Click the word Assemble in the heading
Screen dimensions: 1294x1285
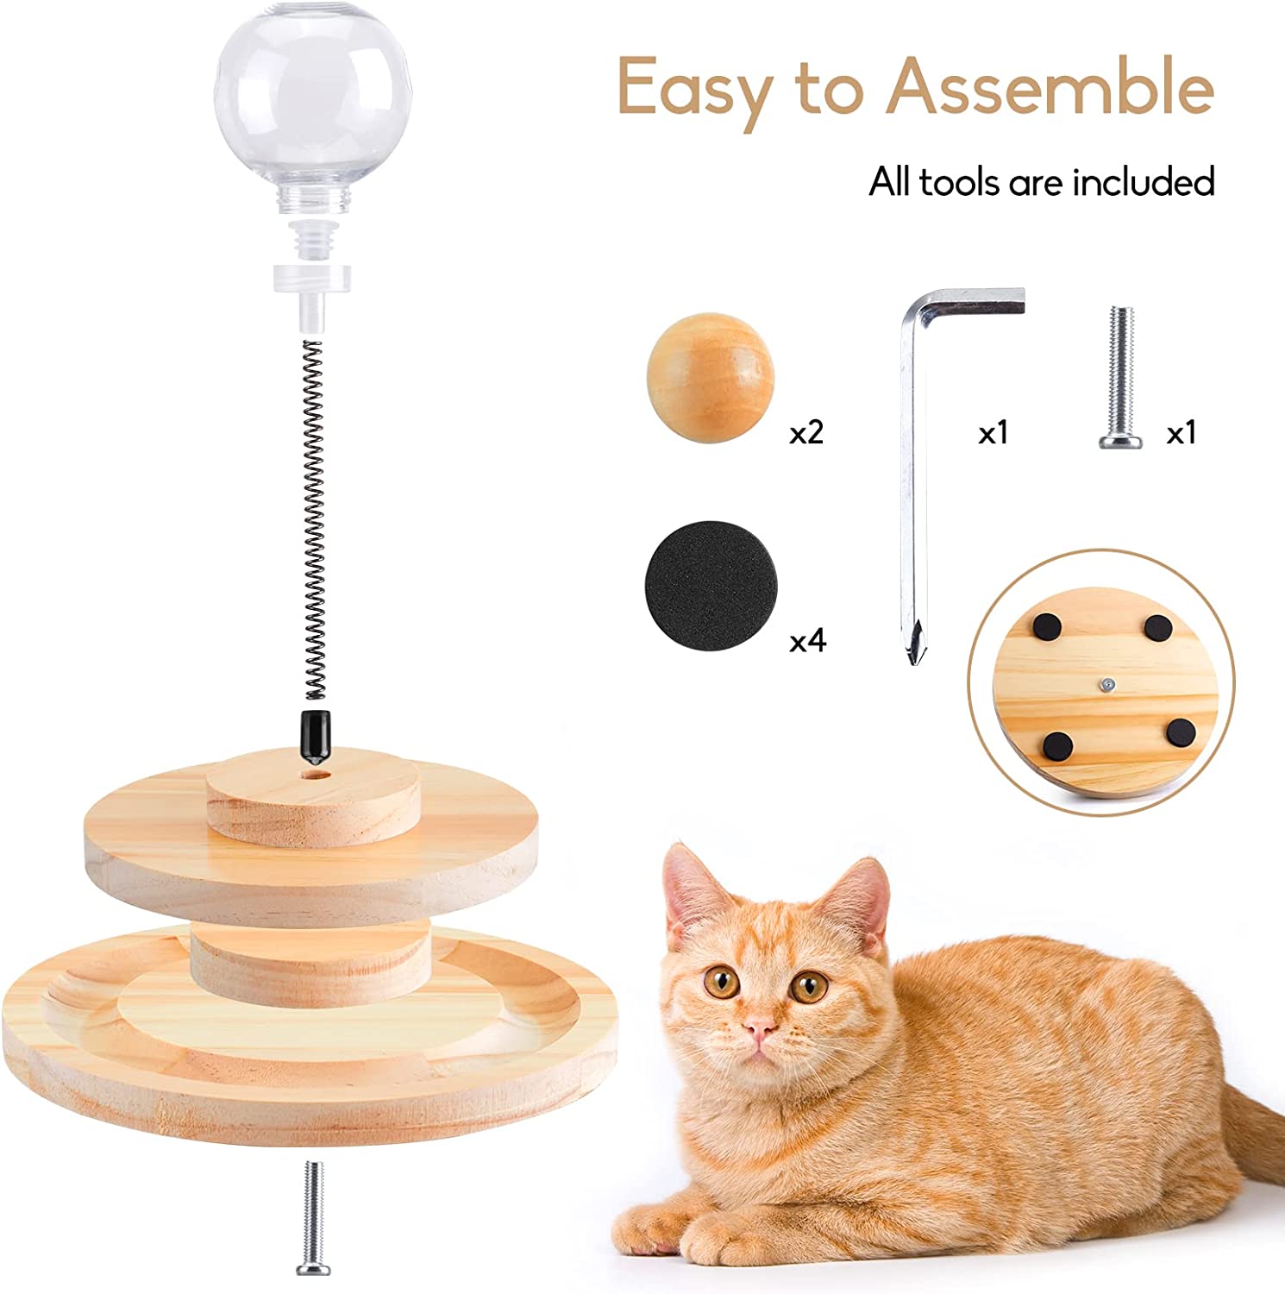[1050, 88]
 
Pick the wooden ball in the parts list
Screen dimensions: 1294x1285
[710, 378]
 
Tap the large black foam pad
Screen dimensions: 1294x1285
[710, 586]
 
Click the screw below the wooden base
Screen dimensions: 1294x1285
[311, 1216]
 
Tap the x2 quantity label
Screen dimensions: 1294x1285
[806, 432]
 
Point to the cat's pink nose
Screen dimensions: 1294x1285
[758, 1027]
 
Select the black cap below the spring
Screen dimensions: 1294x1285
[314, 737]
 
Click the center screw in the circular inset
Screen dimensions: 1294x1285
[1105, 684]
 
